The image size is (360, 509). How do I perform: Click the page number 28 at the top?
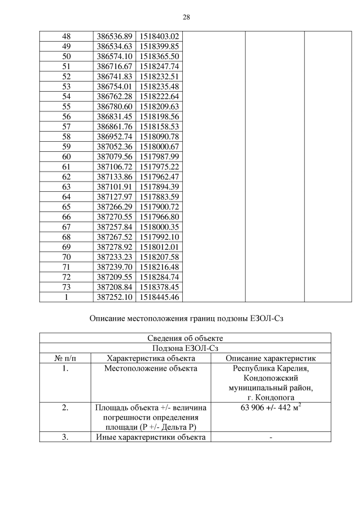click(186, 17)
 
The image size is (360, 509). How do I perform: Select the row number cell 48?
click(66, 37)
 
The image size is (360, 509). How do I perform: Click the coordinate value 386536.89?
click(115, 37)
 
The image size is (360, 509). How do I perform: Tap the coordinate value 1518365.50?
click(159, 57)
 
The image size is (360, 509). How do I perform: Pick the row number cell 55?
click(66, 106)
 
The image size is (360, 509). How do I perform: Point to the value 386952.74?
click(115, 136)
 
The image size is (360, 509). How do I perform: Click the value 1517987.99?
click(159, 156)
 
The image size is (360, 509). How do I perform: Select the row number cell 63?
click(66, 187)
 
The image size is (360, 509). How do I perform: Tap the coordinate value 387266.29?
click(115, 206)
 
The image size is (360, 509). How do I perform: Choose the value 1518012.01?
click(159, 246)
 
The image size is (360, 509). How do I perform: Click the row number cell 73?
click(66, 287)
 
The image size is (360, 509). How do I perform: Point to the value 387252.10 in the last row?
click(115, 297)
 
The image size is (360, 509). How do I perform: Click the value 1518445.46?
click(159, 297)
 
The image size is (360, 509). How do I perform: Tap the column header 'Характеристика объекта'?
click(150, 358)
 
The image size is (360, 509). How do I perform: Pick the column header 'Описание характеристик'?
click(271, 358)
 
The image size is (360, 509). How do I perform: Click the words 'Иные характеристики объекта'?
click(150, 438)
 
